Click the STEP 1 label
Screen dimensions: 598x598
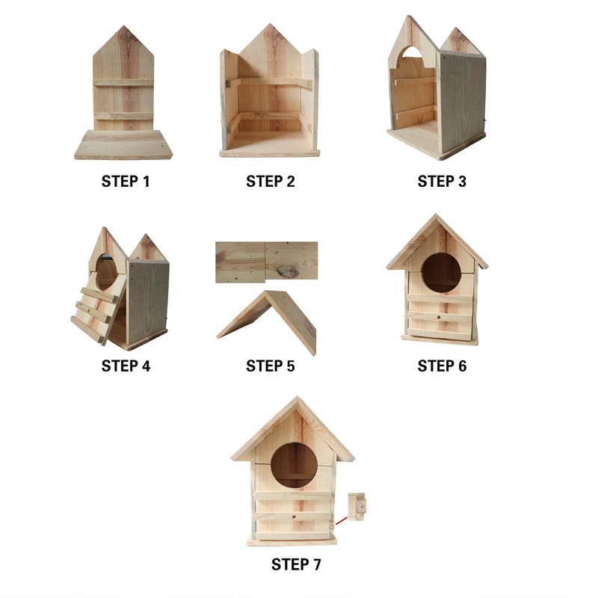click(x=125, y=181)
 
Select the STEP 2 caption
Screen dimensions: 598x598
click(x=270, y=181)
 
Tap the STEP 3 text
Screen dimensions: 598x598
click(x=442, y=181)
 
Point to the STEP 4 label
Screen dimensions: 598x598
click(x=125, y=366)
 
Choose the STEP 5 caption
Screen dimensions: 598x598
click(x=270, y=366)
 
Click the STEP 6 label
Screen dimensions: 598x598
click(x=442, y=366)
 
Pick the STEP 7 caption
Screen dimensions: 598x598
click(x=296, y=564)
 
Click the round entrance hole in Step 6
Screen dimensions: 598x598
click(x=441, y=272)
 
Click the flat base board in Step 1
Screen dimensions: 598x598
click(x=123, y=144)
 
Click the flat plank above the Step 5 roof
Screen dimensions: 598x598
click(x=266, y=261)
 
